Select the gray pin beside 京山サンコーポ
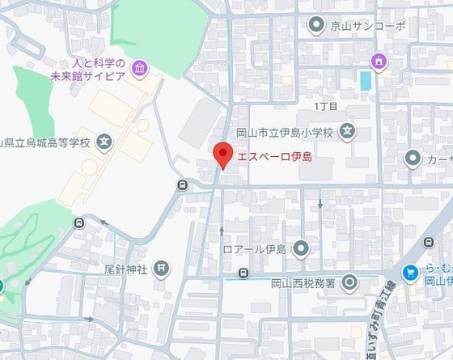[316, 27]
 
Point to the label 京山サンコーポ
[368, 27]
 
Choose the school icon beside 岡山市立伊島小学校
[346, 129]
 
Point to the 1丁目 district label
[325, 106]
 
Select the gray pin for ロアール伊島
[301, 248]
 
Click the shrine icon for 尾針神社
[163, 269]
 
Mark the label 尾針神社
[125, 269]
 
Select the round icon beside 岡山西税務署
[349, 282]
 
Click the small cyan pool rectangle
[365, 81]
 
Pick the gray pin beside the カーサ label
[413, 158]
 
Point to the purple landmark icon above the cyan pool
[377, 61]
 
